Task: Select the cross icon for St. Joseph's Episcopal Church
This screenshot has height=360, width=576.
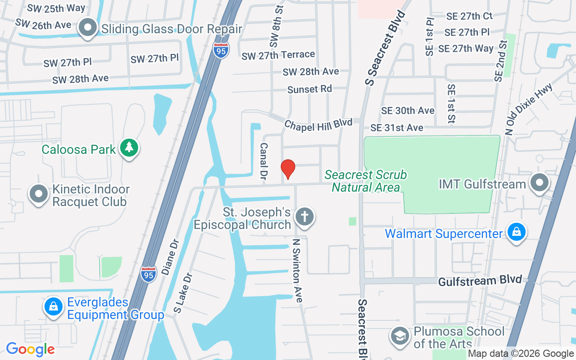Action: tap(305, 217)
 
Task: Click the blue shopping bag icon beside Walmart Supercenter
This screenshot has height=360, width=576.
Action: tap(517, 232)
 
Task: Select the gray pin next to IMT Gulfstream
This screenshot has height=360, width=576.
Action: tap(539, 183)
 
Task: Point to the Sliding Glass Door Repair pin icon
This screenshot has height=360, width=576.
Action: tap(88, 28)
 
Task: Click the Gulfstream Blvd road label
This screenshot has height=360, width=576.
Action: tap(480, 280)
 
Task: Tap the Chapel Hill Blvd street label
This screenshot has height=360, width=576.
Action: tap(318, 125)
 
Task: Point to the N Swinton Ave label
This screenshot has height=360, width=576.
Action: tap(297, 270)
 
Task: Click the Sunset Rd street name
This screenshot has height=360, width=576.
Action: tap(310, 89)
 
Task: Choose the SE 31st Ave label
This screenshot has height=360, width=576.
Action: tap(396, 128)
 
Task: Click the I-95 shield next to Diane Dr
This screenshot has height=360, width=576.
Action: tap(148, 274)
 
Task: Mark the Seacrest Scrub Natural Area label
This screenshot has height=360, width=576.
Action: tap(365, 180)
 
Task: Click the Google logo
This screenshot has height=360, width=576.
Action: tap(31, 349)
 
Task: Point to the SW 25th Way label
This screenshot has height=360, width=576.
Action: tap(56, 8)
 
